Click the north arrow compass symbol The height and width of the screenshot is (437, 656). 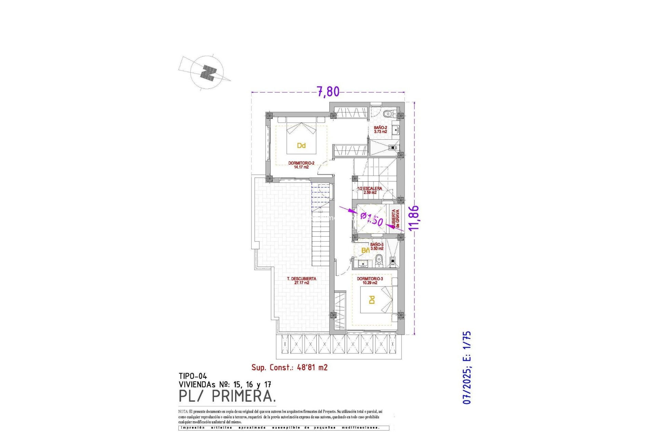coord(207,73)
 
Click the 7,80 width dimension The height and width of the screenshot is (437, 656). coord(328,91)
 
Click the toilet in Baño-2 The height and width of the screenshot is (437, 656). coord(387,114)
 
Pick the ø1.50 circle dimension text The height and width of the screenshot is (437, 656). coord(372,219)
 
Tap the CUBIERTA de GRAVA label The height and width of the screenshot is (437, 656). coord(395,219)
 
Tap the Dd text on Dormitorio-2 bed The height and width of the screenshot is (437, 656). coord(301,146)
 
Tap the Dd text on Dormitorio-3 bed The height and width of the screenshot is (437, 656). coord(372,300)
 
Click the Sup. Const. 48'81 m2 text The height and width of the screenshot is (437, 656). coord(289,368)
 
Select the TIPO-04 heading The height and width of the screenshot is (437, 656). coord(193,377)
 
